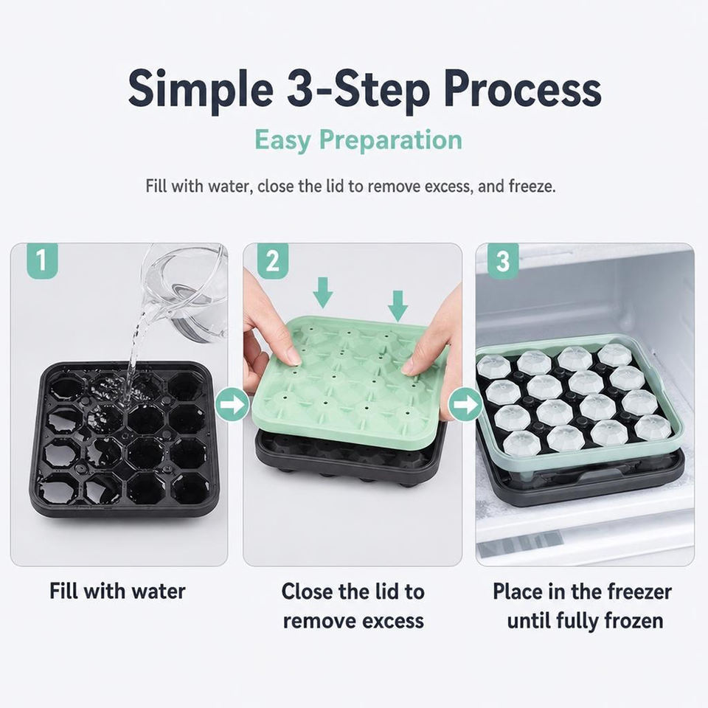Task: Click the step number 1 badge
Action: [x=42, y=261]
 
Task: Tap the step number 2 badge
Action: [x=273, y=261]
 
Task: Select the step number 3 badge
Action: [x=503, y=261]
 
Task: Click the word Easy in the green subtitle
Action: [x=282, y=140]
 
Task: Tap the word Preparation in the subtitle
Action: [x=391, y=140]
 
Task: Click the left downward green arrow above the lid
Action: [x=323, y=293]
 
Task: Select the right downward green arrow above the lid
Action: [x=398, y=305]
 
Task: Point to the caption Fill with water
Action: [x=117, y=591]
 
